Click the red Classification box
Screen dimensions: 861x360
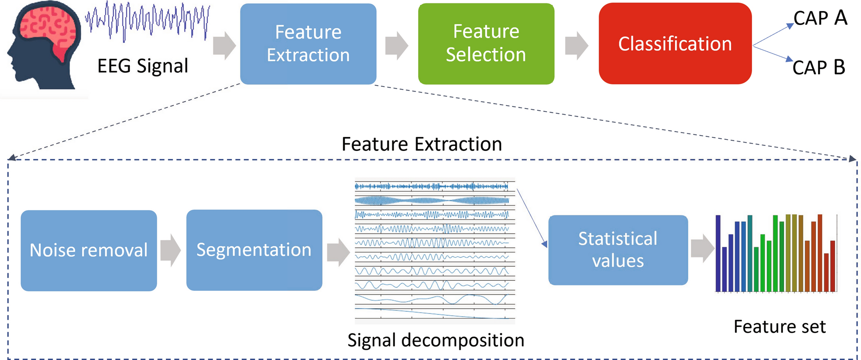click(675, 44)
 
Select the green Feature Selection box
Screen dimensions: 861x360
click(486, 44)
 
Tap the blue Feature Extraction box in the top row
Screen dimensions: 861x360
click(308, 44)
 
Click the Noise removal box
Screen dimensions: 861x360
click(89, 251)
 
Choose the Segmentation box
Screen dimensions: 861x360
click(254, 250)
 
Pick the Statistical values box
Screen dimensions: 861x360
click(618, 250)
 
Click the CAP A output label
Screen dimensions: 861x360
click(820, 18)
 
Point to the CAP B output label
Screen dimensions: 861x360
click(819, 67)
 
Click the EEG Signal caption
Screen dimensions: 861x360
click(143, 66)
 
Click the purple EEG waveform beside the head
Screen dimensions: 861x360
click(148, 21)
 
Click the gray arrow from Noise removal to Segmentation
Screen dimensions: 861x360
click(171, 250)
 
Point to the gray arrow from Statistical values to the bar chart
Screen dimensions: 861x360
click(703, 248)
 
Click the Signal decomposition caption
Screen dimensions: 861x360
click(436, 340)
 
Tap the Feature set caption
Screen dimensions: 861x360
click(780, 327)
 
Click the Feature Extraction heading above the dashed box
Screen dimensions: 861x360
click(422, 144)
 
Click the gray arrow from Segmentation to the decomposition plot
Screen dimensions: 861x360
click(338, 252)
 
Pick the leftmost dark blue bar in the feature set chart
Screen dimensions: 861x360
click(718, 254)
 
